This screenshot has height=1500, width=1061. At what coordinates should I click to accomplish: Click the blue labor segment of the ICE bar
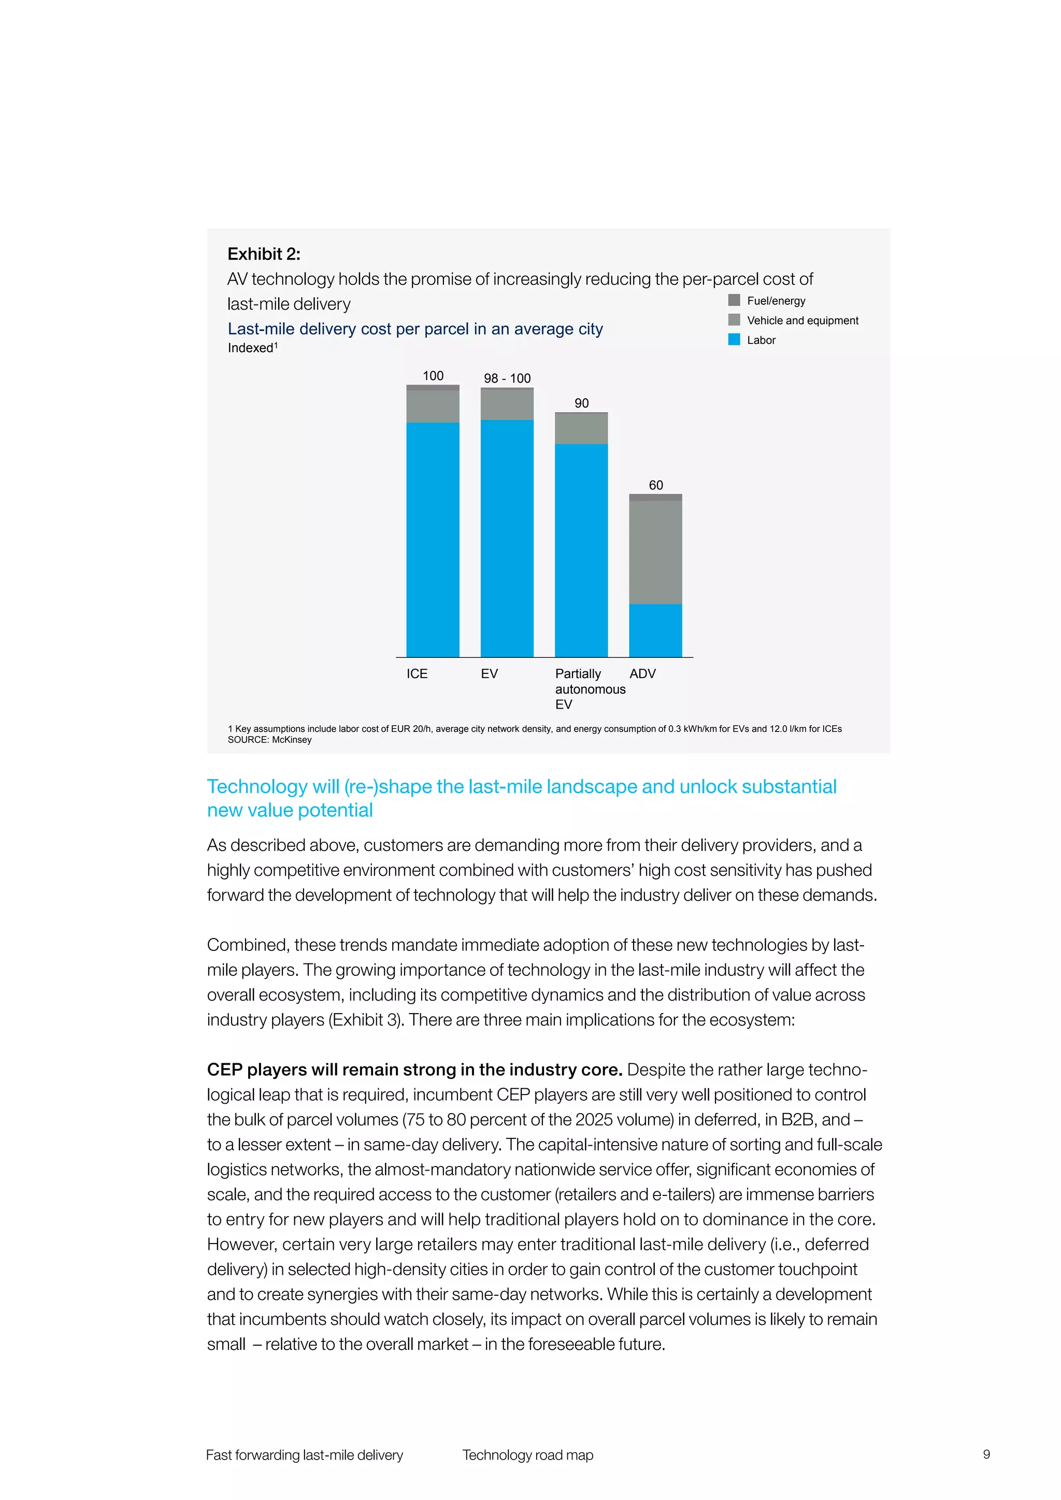[433, 539]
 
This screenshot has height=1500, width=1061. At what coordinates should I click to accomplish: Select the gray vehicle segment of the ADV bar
[655, 552]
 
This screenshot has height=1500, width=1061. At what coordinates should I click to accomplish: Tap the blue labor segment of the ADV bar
[655, 630]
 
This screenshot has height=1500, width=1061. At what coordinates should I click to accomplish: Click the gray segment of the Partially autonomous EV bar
[581, 428]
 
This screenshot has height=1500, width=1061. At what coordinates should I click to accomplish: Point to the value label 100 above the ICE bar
[433, 376]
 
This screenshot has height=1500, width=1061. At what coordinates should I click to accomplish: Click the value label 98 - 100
[507, 378]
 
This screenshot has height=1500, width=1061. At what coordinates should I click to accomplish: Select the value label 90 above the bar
[581, 403]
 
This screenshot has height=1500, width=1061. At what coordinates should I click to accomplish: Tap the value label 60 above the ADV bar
[655, 485]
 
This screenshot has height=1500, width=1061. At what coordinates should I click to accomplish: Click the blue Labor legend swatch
[734, 340]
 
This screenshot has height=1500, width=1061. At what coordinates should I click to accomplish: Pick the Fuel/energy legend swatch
[734, 300]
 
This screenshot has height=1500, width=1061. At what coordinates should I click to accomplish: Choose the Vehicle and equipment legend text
[802, 320]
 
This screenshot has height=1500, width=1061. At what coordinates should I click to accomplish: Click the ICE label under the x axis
[417, 673]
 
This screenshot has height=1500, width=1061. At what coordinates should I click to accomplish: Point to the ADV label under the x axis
[642, 673]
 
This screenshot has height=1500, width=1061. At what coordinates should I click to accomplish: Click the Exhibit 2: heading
[264, 254]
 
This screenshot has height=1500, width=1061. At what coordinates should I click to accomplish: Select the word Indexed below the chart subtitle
[250, 348]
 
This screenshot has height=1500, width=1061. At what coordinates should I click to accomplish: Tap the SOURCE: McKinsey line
[269, 740]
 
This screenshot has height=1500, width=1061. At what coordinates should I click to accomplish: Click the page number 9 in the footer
[986, 1454]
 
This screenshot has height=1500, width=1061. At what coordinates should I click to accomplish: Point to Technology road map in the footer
[527, 1455]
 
